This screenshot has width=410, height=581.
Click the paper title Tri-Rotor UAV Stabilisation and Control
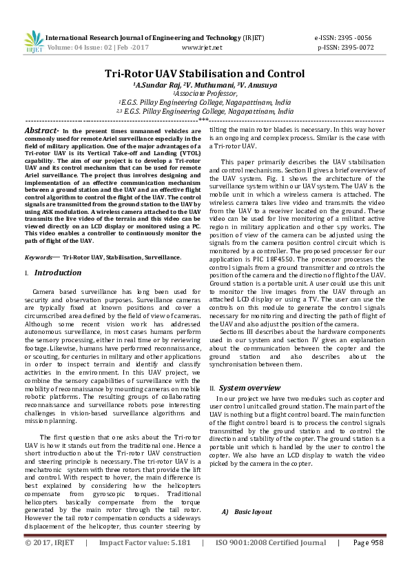(205, 74)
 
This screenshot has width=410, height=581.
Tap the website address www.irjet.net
(202, 48)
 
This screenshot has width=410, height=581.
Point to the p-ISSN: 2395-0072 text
(345, 48)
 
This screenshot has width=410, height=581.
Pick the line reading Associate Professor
(205, 93)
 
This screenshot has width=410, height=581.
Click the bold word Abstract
(40, 130)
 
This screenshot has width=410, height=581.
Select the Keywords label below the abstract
(41, 257)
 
